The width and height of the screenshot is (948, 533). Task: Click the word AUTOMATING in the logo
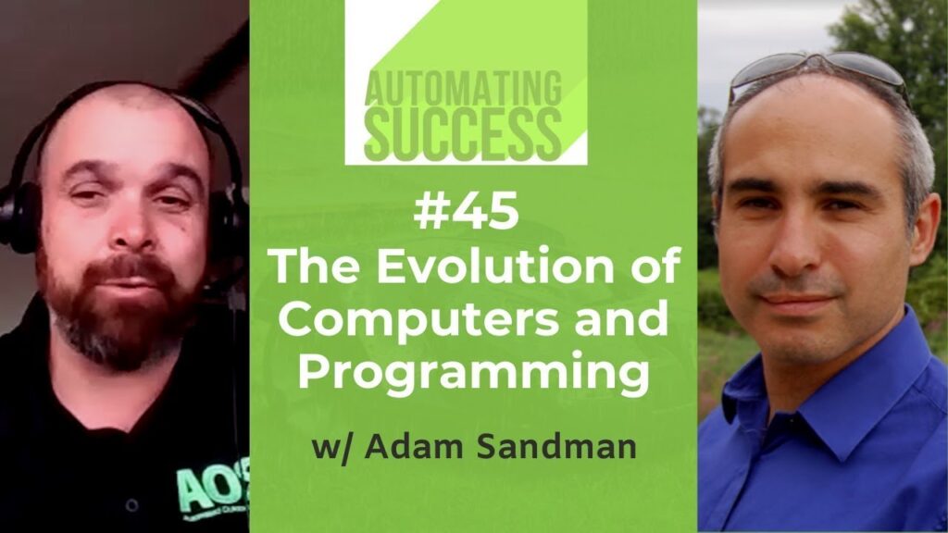tap(463, 88)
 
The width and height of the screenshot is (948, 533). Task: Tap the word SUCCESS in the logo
tap(463, 133)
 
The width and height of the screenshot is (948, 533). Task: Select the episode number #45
tap(467, 210)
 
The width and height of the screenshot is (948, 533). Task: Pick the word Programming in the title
tap(473, 373)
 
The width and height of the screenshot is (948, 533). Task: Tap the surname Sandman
tap(556, 447)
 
